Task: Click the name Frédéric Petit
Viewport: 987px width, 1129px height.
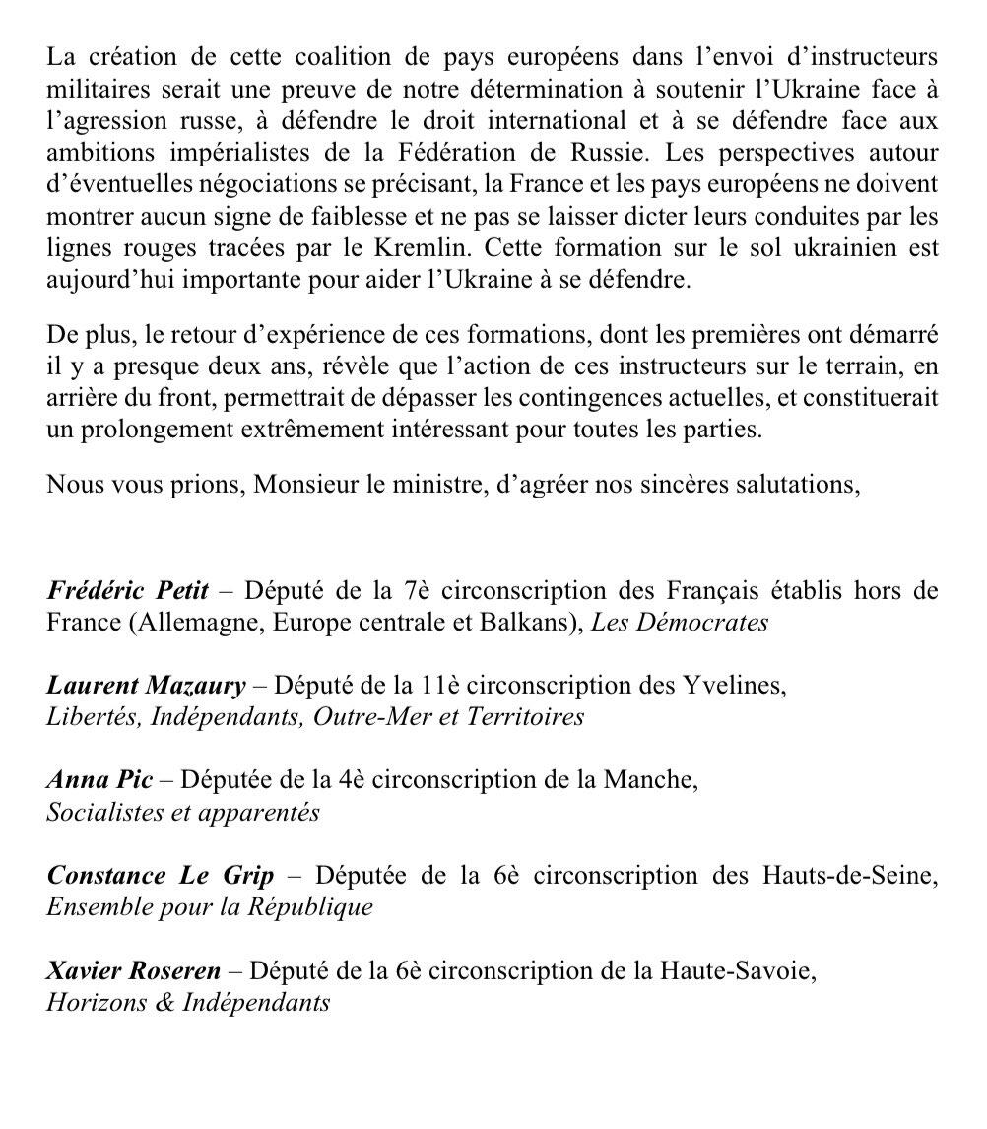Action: coord(127,592)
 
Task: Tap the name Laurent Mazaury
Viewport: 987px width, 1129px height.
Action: coord(146,686)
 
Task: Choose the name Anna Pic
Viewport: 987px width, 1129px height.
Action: coord(99,780)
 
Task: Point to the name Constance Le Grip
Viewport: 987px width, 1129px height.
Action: coord(160,875)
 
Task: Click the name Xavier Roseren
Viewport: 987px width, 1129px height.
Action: coord(134,971)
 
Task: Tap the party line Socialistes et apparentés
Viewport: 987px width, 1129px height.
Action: coord(183,812)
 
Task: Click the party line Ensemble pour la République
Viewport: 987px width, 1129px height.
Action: coord(210,906)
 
